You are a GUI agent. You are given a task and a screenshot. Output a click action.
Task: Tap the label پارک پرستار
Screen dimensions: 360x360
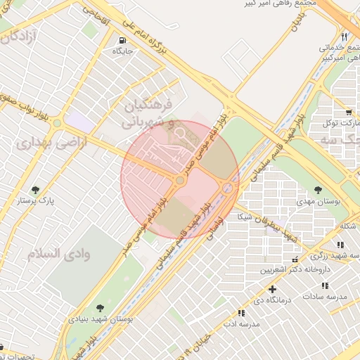tap(37, 200)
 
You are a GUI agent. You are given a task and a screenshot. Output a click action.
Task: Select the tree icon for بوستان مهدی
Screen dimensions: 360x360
tap(319, 190)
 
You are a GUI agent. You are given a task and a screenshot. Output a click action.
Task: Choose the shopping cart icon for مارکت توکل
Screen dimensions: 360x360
tap(349, 112)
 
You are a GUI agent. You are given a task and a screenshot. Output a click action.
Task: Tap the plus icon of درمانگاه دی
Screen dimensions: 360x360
tap(273, 288)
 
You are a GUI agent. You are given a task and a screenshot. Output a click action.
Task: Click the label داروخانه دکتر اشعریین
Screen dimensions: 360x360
tap(295, 269)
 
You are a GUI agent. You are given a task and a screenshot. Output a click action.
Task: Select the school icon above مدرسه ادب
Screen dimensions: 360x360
tap(241, 313)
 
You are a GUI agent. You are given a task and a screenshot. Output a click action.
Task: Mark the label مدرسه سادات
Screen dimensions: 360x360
tap(325, 297)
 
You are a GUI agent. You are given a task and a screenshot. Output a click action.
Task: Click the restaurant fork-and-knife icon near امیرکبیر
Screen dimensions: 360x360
tap(344, 37)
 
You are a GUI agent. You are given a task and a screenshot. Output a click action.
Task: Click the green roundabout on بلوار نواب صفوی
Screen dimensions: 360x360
tap(57, 124)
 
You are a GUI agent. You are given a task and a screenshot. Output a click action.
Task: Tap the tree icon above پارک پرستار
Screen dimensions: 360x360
tap(35, 189)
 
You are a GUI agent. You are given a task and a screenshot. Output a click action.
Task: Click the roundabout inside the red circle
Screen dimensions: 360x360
tap(180, 181)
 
